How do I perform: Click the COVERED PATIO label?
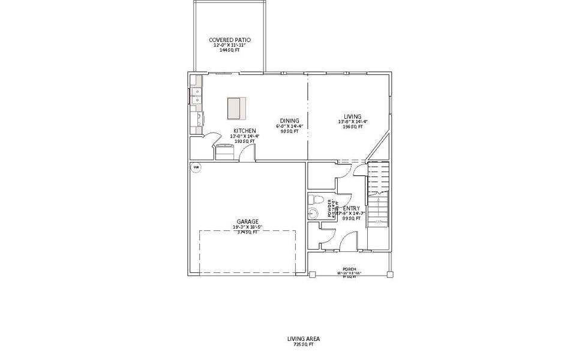click(x=230, y=40)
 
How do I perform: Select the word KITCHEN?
click(x=245, y=131)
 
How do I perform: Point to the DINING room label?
click(x=289, y=121)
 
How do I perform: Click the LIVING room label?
click(x=352, y=116)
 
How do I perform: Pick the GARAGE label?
click(x=247, y=221)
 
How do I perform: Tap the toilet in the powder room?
click(x=315, y=200)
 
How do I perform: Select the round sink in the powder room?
click(x=313, y=214)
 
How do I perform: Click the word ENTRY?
click(x=352, y=209)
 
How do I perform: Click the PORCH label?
click(x=349, y=269)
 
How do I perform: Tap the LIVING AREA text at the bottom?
click(x=304, y=339)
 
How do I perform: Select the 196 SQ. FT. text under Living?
click(x=352, y=127)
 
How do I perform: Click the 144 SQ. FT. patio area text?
click(x=230, y=50)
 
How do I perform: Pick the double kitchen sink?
click(x=196, y=92)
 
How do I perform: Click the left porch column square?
click(x=312, y=274)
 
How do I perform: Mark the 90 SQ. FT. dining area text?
click(x=289, y=131)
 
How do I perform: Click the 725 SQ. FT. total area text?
click(x=304, y=345)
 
